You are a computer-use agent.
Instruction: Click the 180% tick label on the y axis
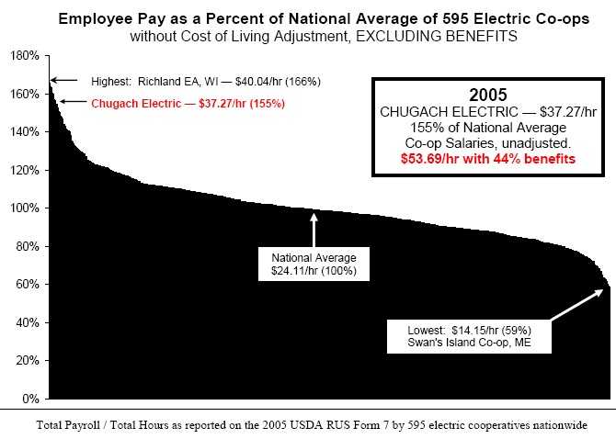[x=25, y=56]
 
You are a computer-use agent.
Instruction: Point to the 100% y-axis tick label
[x=25, y=208]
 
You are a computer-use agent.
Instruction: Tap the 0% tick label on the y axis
[x=30, y=399]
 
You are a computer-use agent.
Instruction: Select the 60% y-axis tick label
[x=28, y=284]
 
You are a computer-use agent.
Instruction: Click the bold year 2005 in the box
[x=488, y=95]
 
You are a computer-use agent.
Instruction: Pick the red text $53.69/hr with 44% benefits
[x=488, y=159]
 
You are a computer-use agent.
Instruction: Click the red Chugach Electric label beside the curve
[x=188, y=104]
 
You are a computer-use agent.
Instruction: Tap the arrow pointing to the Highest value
[x=63, y=81]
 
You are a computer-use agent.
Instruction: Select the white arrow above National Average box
[x=314, y=230]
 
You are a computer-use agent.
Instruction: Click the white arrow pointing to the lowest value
[x=576, y=305]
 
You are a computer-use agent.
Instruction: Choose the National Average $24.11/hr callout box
[x=314, y=264]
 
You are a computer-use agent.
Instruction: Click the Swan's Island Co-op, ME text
[x=469, y=343]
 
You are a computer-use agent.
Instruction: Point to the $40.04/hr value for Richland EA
[x=258, y=82]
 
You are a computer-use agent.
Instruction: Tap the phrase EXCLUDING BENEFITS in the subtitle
[x=436, y=36]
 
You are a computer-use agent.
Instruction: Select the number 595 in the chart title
[x=456, y=18]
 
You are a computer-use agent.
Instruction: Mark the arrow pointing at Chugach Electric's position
[x=73, y=102]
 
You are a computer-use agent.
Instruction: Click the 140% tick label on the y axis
[x=25, y=132]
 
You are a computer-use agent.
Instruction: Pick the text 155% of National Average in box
[x=488, y=128]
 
